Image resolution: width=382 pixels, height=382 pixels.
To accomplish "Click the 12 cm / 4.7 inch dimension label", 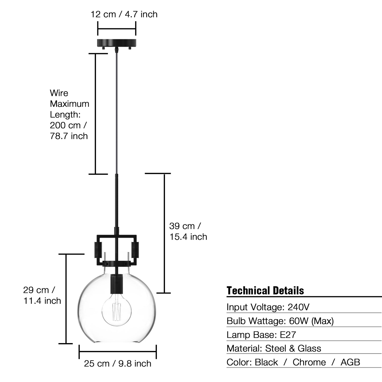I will click(x=124, y=14).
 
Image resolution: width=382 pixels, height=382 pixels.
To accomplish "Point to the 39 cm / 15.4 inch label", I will click(x=188, y=231).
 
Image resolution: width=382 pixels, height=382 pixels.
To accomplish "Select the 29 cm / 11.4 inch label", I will click(x=42, y=295).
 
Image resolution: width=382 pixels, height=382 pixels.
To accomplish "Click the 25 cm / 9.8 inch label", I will click(x=117, y=364).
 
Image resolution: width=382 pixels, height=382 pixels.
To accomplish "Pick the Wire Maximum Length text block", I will click(x=69, y=114).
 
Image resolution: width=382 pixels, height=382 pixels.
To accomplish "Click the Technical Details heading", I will click(x=265, y=291).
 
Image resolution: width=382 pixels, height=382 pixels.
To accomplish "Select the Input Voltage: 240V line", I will click(x=268, y=307).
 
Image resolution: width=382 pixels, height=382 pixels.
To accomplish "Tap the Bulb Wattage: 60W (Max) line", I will click(x=280, y=321).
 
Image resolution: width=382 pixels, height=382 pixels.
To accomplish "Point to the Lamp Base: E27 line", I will click(x=261, y=335).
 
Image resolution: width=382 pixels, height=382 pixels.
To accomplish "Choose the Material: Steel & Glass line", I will click(x=274, y=348).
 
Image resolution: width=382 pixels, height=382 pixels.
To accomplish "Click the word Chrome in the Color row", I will click(x=309, y=362).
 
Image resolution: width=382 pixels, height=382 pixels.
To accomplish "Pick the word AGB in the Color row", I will click(x=350, y=362).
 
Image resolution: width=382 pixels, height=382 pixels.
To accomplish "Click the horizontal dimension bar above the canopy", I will click(x=117, y=29).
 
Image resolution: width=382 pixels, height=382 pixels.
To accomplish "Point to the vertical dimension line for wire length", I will click(x=96, y=114).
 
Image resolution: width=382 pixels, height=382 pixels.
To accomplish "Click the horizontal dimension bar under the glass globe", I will click(x=117, y=351).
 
